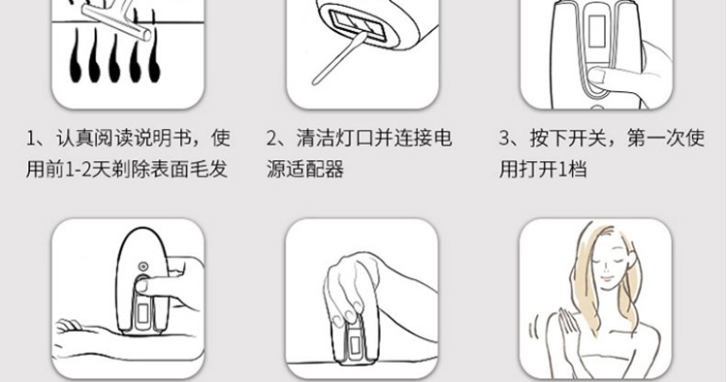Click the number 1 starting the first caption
[x=31, y=139]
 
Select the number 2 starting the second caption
[x=271, y=139]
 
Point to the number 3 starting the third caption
[x=504, y=139]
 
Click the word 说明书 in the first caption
[x=162, y=139]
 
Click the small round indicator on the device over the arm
[x=143, y=267]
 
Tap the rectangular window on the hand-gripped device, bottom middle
[x=356, y=344]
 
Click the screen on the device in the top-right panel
[x=597, y=32]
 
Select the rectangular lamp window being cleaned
[x=353, y=23]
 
